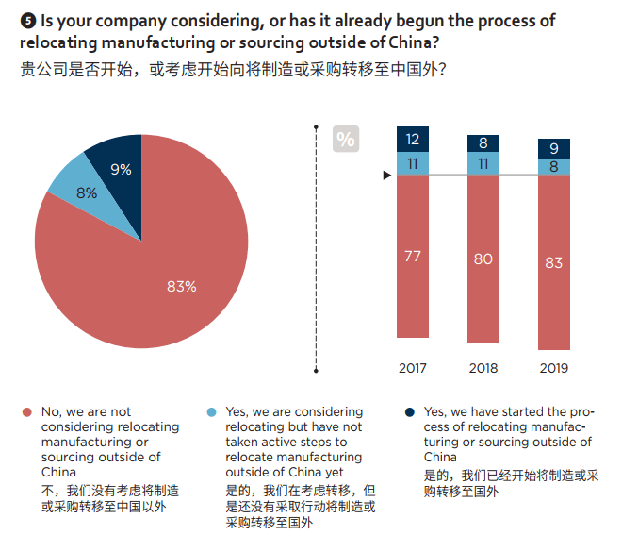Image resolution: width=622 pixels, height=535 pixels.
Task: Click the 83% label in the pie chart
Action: (x=181, y=287)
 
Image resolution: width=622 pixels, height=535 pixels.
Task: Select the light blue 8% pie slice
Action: (x=87, y=192)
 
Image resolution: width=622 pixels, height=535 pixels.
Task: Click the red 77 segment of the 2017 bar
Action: (x=412, y=256)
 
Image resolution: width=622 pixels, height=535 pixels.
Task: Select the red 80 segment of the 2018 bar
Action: (x=483, y=259)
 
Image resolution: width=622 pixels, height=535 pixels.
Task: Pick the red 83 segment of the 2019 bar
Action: (x=553, y=262)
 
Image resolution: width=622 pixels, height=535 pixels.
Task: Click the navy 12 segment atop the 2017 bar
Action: (x=412, y=139)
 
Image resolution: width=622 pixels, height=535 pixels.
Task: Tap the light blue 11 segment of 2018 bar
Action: (x=483, y=163)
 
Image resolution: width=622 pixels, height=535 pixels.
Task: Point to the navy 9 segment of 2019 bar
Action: (x=553, y=148)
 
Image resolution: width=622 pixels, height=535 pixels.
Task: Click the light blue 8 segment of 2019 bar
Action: (x=553, y=166)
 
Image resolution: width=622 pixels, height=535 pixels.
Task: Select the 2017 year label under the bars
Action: (x=412, y=367)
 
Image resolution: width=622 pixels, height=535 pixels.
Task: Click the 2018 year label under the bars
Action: (x=483, y=367)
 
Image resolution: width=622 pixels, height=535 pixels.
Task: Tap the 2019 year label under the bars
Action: (x=553, y=367)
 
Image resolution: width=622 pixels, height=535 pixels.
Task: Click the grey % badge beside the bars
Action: (x=346, y=140)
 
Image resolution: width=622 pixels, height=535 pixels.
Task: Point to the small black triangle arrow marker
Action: (x=385, y=176)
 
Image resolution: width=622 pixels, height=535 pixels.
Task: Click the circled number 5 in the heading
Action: (x=25, y=20)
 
